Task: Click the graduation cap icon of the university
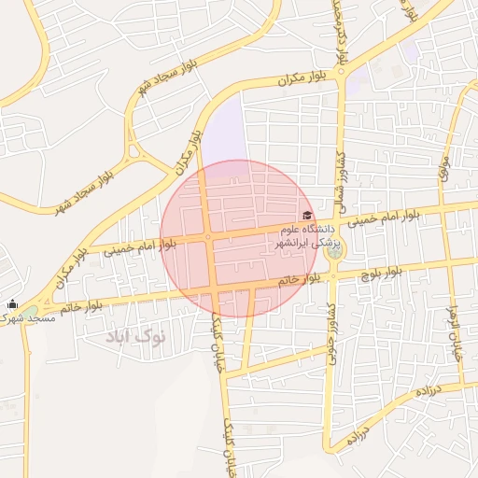[307, 216]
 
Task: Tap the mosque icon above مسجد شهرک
[12, 303]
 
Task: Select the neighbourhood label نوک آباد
[135, 335]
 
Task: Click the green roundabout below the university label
[333, 249]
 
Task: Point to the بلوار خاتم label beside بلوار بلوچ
[299, 279]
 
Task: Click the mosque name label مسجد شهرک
[28, 318]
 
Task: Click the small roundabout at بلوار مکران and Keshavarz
[343, 71]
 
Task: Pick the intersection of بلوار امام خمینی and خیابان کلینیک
[208, 237]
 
